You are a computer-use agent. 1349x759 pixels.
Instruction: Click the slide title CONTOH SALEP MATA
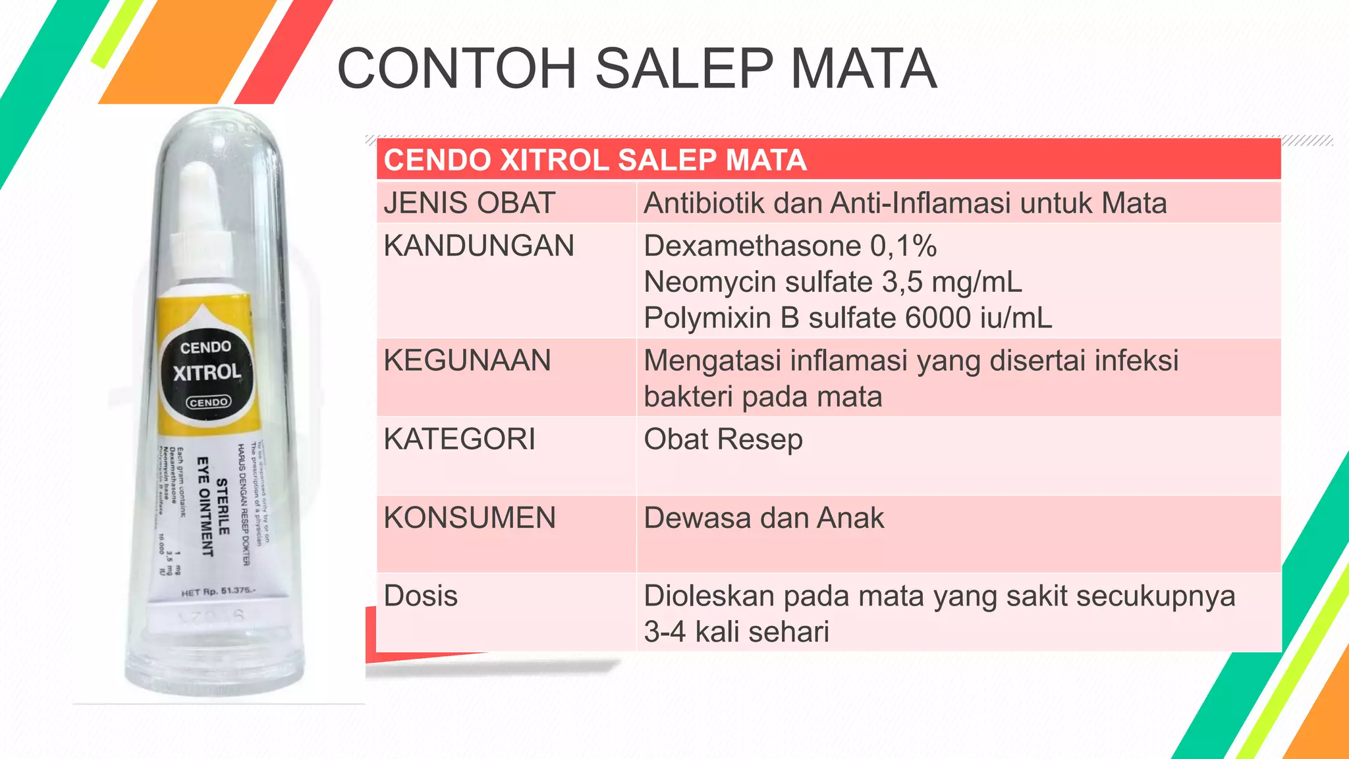pos(636,69)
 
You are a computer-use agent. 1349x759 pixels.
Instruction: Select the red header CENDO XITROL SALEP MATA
pos(595,160)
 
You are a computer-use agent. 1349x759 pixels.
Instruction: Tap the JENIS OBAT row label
pos(470,203)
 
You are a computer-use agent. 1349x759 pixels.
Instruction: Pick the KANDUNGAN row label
pos(479,246)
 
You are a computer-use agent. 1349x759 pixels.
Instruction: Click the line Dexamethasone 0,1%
pos(790,246)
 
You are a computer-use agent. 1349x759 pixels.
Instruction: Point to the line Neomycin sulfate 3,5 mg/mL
pos(833,282)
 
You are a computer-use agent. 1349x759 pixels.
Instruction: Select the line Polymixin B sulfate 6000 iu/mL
pos(848,318)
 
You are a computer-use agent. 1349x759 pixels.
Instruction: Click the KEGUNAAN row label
pos(467,361)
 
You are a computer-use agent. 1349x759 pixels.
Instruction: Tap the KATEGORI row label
pos(460,439)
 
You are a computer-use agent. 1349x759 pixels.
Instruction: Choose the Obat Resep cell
pos(723,439)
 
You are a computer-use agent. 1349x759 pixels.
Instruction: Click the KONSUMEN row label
pos(470,518)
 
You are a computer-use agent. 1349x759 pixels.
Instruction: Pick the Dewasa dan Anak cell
pos(763,518)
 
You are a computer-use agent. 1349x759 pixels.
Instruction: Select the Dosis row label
pos(420,596)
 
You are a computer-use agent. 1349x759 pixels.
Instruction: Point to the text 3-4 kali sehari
pos(736,632)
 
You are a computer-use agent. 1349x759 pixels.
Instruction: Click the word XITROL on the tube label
pos(207,373)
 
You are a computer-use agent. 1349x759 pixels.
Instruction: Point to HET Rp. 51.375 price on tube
pos(217,592)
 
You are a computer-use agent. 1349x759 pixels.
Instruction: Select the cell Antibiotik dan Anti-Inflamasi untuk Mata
pos(905,203)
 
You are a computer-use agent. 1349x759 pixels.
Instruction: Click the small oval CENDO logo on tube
pos(208,402)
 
